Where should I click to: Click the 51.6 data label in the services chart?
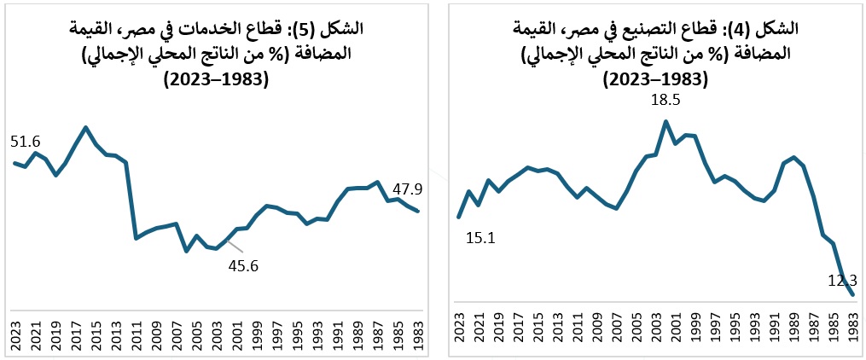pos(26,142)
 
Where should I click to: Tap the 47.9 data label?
pos(408,189)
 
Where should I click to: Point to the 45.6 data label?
pos(243,265)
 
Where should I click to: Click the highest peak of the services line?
pos(85,128)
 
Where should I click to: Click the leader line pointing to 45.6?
pos(234,247)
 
